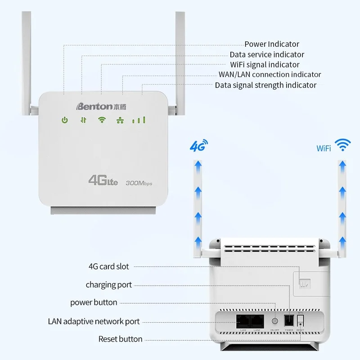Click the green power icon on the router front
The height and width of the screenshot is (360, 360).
point(65,120)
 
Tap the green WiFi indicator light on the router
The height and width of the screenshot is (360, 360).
point(102,120)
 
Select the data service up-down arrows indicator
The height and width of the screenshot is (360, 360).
point(83,120)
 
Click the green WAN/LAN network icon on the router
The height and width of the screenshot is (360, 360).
point(121,120)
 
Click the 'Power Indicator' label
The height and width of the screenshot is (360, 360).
point(271,44)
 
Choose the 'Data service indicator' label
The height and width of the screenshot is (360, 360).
point(267,54)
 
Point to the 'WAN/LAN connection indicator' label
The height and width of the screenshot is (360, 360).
point(270,74)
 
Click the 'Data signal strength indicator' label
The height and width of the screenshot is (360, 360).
point(265,85)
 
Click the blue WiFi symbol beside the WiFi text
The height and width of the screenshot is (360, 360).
point(345,145)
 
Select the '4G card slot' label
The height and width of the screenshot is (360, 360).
point(108,266)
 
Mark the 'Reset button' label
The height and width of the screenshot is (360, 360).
point(120,339)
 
